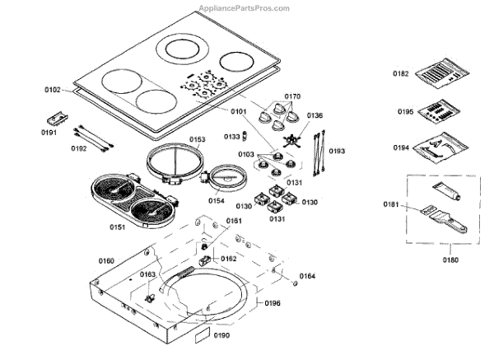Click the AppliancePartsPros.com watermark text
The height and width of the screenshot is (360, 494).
[245, 7]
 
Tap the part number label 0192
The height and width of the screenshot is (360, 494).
[78, 148]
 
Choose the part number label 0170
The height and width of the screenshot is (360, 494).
[292, 96]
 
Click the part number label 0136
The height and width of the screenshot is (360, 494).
[315, 115]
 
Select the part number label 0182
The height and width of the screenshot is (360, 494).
[400, 73]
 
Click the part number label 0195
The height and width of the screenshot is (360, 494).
[404, 111]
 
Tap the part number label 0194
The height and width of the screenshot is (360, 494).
[401, 148]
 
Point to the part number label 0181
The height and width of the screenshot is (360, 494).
[390, 203]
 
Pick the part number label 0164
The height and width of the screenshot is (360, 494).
[306, 275]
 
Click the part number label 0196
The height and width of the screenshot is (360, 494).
[273, 302]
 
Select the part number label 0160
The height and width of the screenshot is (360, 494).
[106, 260]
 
